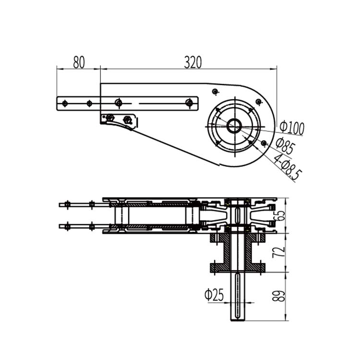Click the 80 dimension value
pos(79,62)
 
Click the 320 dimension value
pos(193,62)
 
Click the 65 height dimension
pos(280,216)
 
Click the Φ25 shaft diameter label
pos(214,295)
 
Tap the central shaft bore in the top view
pos(234,126)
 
